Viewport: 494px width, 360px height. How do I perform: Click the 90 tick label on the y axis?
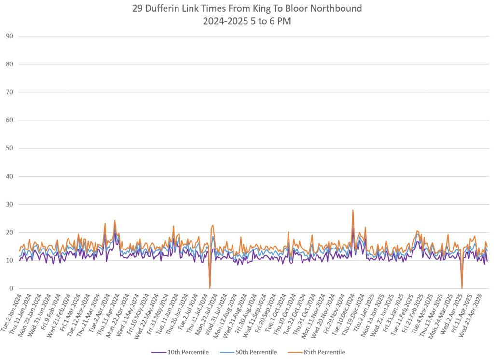pyautogui.click(x=9, y=36)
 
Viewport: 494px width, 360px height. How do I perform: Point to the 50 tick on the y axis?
pyautogui.click(x=9, y=148)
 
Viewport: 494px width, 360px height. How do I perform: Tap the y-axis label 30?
pyautogui.click(x=9, y=204)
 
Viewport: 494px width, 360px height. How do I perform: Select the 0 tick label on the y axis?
pyautogui.click(x=11, y=288)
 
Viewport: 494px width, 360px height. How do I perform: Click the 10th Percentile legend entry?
pyautogui.click(x=180, y=352)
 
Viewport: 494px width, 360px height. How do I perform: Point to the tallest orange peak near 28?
pyautogui.click(x=353, y=210)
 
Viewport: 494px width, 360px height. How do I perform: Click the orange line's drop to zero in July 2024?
pyautogui.click(x=210, y=287)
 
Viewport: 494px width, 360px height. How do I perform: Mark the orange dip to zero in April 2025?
pyautogui.click(x=462, y=287)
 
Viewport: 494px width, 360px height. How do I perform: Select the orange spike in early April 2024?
pyautogui.click(x=115, y=221)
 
